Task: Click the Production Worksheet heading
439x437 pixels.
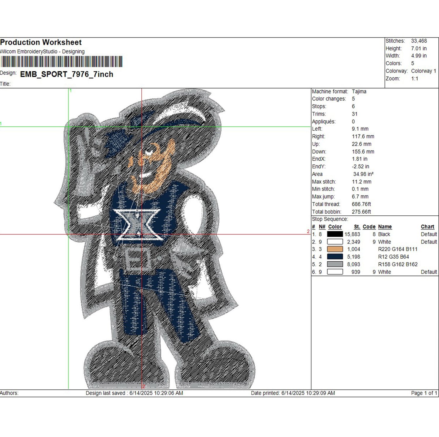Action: click(x=41, y=42)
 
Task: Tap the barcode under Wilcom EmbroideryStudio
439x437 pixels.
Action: click(x=61, y=62)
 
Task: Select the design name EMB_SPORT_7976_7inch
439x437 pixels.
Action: click(x=67, y=74)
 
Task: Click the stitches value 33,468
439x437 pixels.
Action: click(x=419, y=41)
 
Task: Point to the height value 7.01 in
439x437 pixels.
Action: click(x=419, y=49)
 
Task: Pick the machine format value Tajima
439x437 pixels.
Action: click(x=359, y=91)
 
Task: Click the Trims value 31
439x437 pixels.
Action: click(x=355, y=114)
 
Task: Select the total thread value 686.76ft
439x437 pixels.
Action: click(x=361, y=204)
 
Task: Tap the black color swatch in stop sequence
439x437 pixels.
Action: click(x=335, y=234)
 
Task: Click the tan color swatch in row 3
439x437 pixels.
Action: click(x=335, y=249)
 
